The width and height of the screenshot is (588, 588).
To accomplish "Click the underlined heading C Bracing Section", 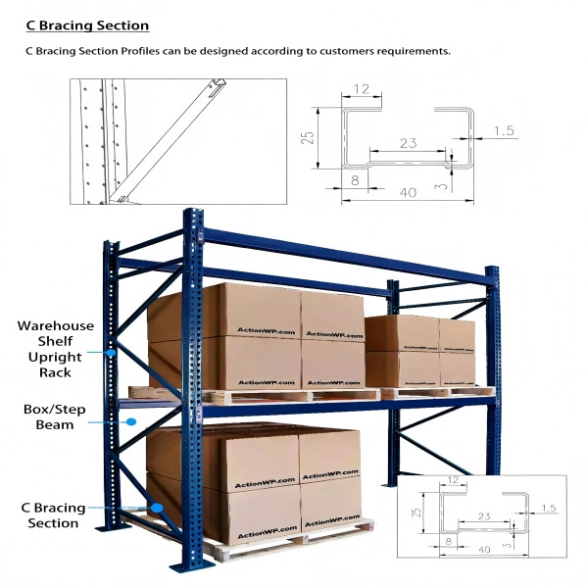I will (x=87, y=25).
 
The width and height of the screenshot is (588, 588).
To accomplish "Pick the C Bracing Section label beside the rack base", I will (x=54, y=515).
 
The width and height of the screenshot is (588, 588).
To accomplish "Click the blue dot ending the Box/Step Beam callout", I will (x=131, y=421).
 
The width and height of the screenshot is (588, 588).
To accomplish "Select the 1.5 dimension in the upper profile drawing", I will (x=504, y=130).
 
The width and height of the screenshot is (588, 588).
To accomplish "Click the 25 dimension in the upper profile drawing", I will (x=308, y=139).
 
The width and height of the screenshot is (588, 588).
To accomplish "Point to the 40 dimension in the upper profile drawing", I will (x=408, y=193).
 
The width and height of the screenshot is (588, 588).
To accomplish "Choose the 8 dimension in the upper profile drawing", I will (x=353, y=180).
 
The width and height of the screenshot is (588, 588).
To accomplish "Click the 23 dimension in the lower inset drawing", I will (x=483, y=514).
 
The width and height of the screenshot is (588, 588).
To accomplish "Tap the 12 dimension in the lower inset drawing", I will (x=450, y=480).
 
